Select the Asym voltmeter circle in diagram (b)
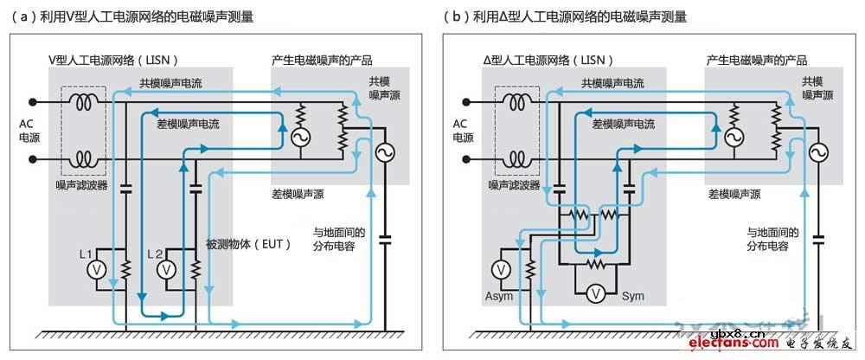(x=502, y=269)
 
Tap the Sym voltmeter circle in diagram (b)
(x=594, y=295)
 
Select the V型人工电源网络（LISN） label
(x=112, y=61)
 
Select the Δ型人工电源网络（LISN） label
(x=548, y=61)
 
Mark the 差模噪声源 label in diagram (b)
(x=734, y=194)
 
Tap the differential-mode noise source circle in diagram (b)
(x=734, y=138)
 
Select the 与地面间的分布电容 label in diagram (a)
(x=339, y=239)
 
